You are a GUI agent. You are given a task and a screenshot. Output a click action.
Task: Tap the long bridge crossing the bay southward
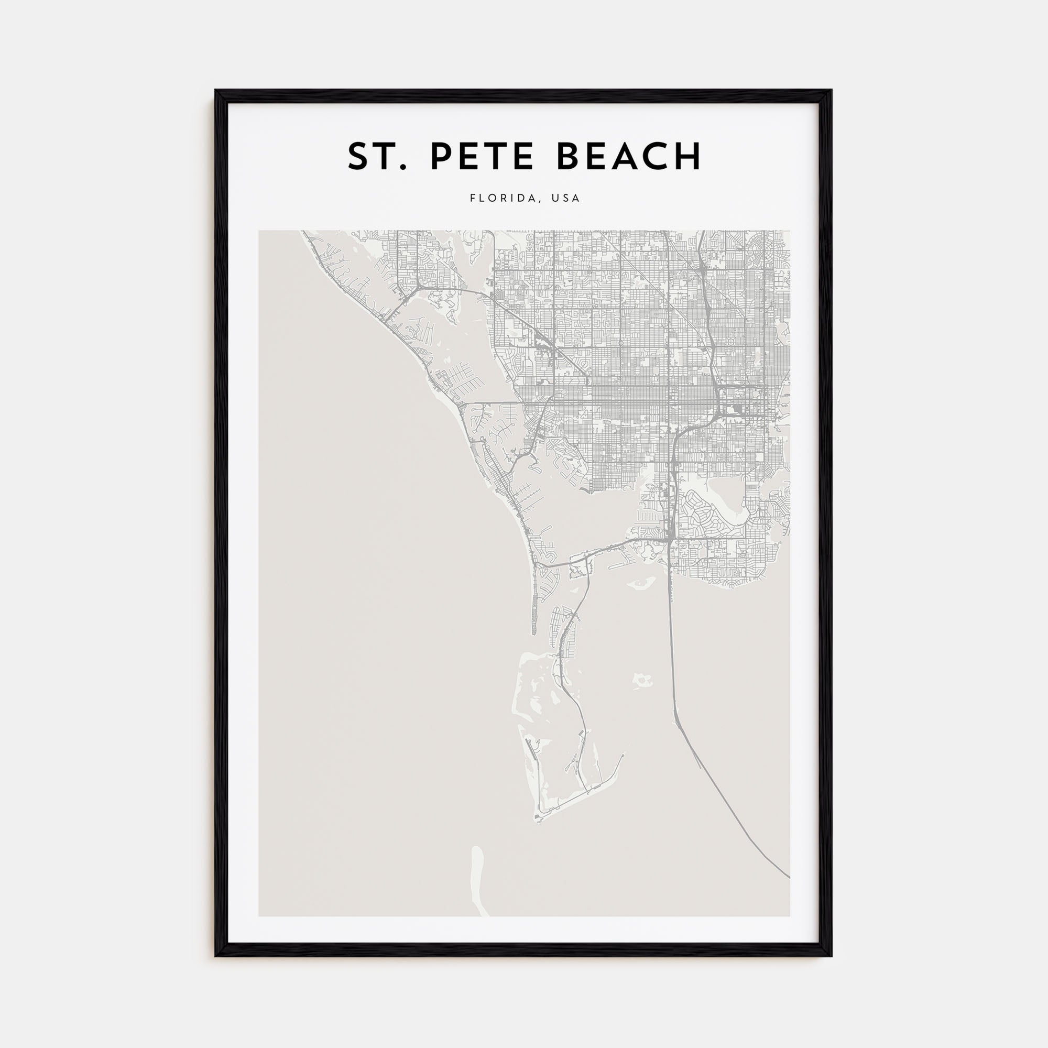pos(672,651)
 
